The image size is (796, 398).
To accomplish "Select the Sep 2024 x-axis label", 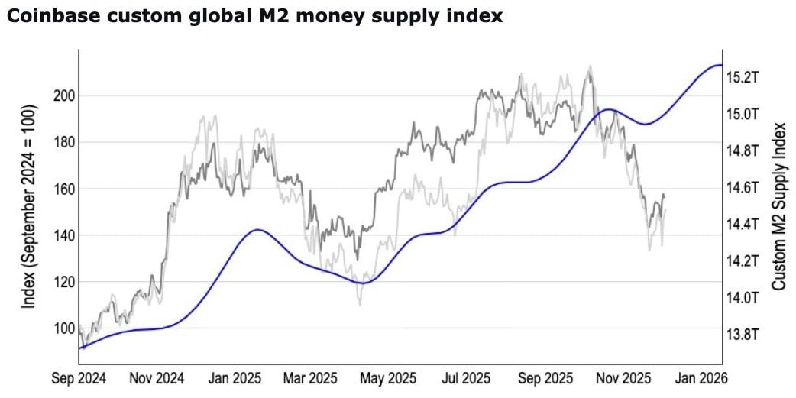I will point(79,377).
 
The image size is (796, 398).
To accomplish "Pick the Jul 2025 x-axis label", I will point(466,377).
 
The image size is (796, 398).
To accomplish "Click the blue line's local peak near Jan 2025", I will point(260,229).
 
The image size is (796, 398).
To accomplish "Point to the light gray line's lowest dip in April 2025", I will point(359,305).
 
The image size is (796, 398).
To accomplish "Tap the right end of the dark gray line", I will point(664,197).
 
